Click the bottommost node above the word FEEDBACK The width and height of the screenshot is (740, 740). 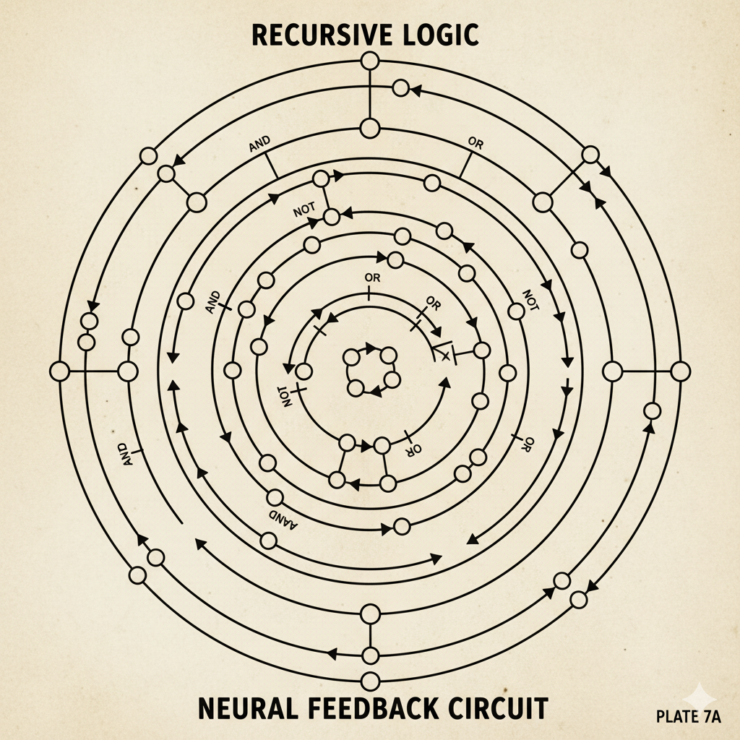[370, 681]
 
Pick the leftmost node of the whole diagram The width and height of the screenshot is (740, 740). [60, 371]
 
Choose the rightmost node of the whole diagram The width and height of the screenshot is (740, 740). [680, 371]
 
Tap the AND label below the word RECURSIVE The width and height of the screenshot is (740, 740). [259, 145]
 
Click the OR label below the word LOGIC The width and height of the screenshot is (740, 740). [476, 144]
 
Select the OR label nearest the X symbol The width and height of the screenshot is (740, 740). [433, 301]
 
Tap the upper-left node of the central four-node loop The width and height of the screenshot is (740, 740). [351, 357]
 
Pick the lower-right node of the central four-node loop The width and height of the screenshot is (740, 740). [392, 379]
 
